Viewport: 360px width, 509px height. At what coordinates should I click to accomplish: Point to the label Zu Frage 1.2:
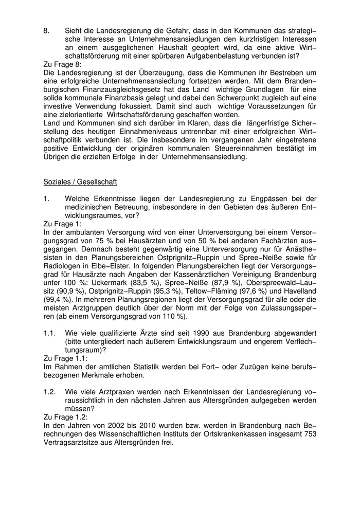65,417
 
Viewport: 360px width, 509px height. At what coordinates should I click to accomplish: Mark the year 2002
96,425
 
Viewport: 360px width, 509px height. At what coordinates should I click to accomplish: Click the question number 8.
46,31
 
